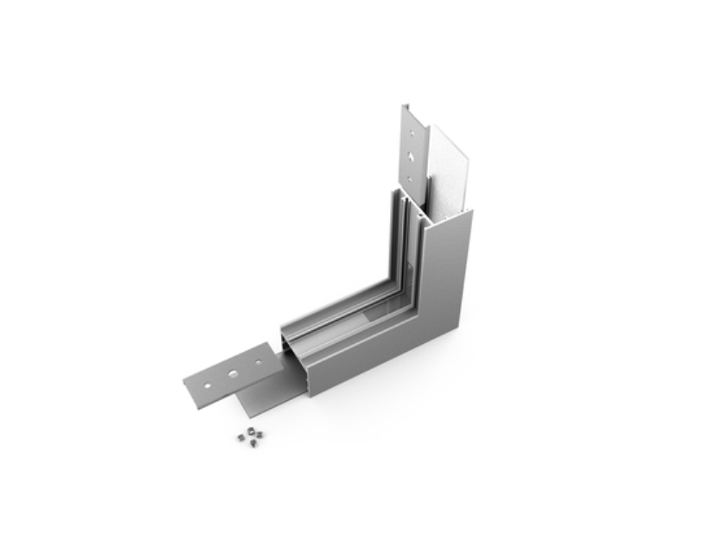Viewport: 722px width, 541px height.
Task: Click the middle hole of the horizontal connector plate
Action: (233, 373)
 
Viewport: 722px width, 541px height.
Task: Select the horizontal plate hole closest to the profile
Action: (259, 362)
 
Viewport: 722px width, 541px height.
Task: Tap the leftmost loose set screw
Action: (240, 437)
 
